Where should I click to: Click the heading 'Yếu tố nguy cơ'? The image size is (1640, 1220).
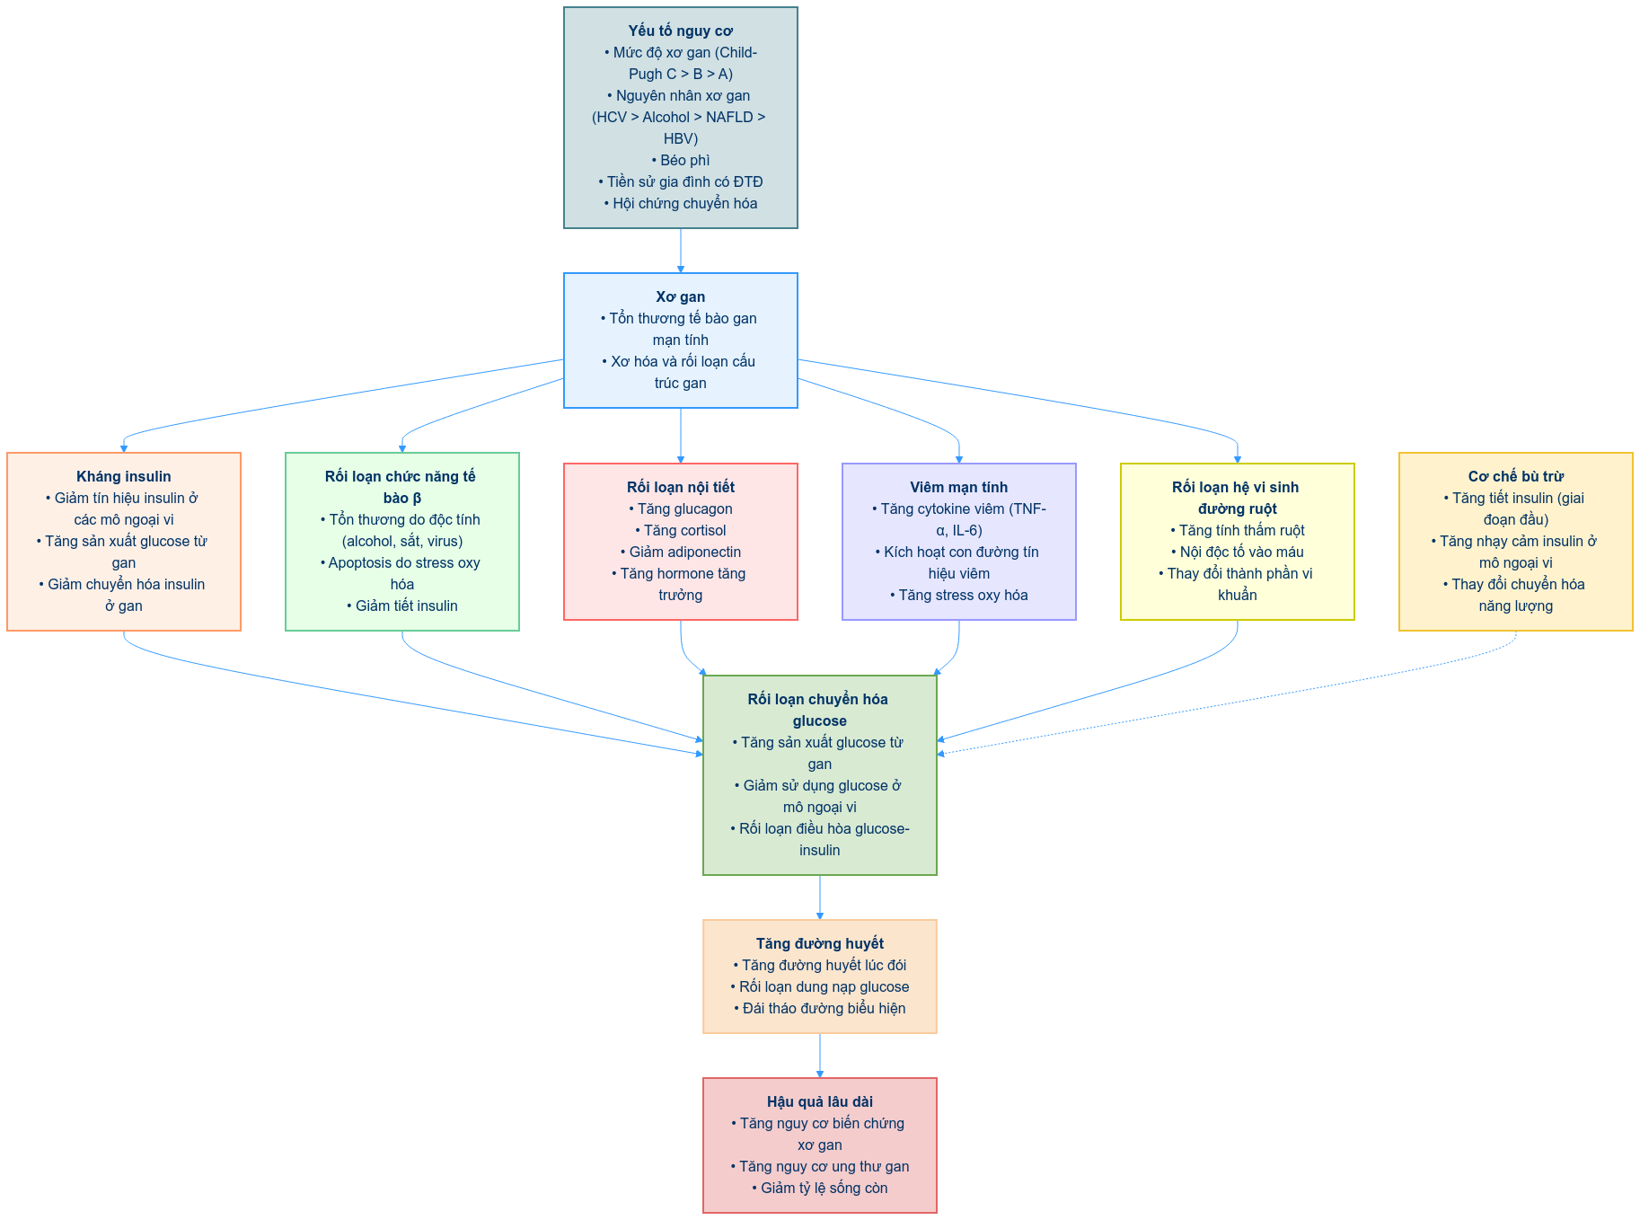(680, 31)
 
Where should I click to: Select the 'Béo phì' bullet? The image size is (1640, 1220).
(681, 161)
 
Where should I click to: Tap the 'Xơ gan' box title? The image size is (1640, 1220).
(680, 297)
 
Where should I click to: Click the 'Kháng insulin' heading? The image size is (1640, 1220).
(124, 477)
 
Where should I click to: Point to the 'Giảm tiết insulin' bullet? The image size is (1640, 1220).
(402, 606)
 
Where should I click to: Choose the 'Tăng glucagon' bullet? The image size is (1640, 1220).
(681, 509)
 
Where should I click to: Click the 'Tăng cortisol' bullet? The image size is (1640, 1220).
(681, 531)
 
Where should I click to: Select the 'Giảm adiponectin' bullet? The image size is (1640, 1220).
(681, 553)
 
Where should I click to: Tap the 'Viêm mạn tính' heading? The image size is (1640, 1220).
(958, 488)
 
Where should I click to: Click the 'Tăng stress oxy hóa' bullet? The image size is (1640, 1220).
(959, 596)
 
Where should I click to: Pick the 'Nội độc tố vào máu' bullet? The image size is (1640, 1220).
(1238, 553)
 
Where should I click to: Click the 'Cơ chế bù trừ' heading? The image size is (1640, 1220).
(1515, 477)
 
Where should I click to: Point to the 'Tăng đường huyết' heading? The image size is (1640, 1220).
(819, 944)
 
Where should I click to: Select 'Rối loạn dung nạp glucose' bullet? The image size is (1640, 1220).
(820, 987)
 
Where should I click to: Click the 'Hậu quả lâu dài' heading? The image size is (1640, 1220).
(819, 1102)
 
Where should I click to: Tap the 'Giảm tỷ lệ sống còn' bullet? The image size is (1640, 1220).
(820, 1189)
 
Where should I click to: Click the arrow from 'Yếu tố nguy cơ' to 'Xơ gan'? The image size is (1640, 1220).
(681, 251)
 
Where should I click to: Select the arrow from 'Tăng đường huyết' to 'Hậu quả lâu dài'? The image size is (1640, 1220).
(820, 1056)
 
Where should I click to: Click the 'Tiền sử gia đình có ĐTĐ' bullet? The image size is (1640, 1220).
(681, 182)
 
